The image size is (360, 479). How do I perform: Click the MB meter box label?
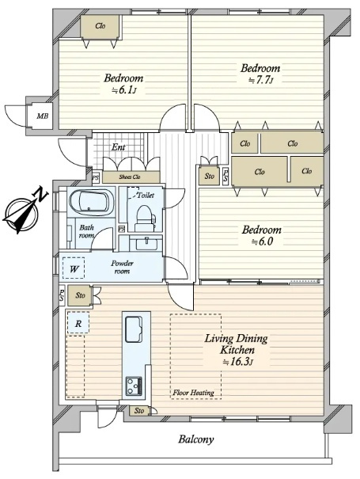[43, 116]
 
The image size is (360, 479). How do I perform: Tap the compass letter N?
[40, 194]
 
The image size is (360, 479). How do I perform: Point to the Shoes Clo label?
[130, 177]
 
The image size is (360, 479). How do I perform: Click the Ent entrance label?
[118, 147]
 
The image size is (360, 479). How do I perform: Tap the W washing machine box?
[74, 268]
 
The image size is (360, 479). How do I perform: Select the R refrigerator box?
[78, 323]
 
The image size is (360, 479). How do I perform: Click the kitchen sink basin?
[134, 329]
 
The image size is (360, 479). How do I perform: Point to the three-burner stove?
[134, 386]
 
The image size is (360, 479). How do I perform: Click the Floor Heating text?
[193, 393]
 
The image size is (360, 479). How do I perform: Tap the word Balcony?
[196, 439]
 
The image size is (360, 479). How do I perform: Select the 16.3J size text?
[238, 363]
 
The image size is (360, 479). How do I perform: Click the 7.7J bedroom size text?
[260, 80]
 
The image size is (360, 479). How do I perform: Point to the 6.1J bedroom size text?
[123, 90]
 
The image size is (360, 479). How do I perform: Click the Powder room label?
[122, 267]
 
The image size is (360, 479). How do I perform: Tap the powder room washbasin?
[146, 244]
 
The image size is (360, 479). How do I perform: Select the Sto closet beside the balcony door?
[139, 411]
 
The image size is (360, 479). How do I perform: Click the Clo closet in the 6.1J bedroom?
[100, 26]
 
